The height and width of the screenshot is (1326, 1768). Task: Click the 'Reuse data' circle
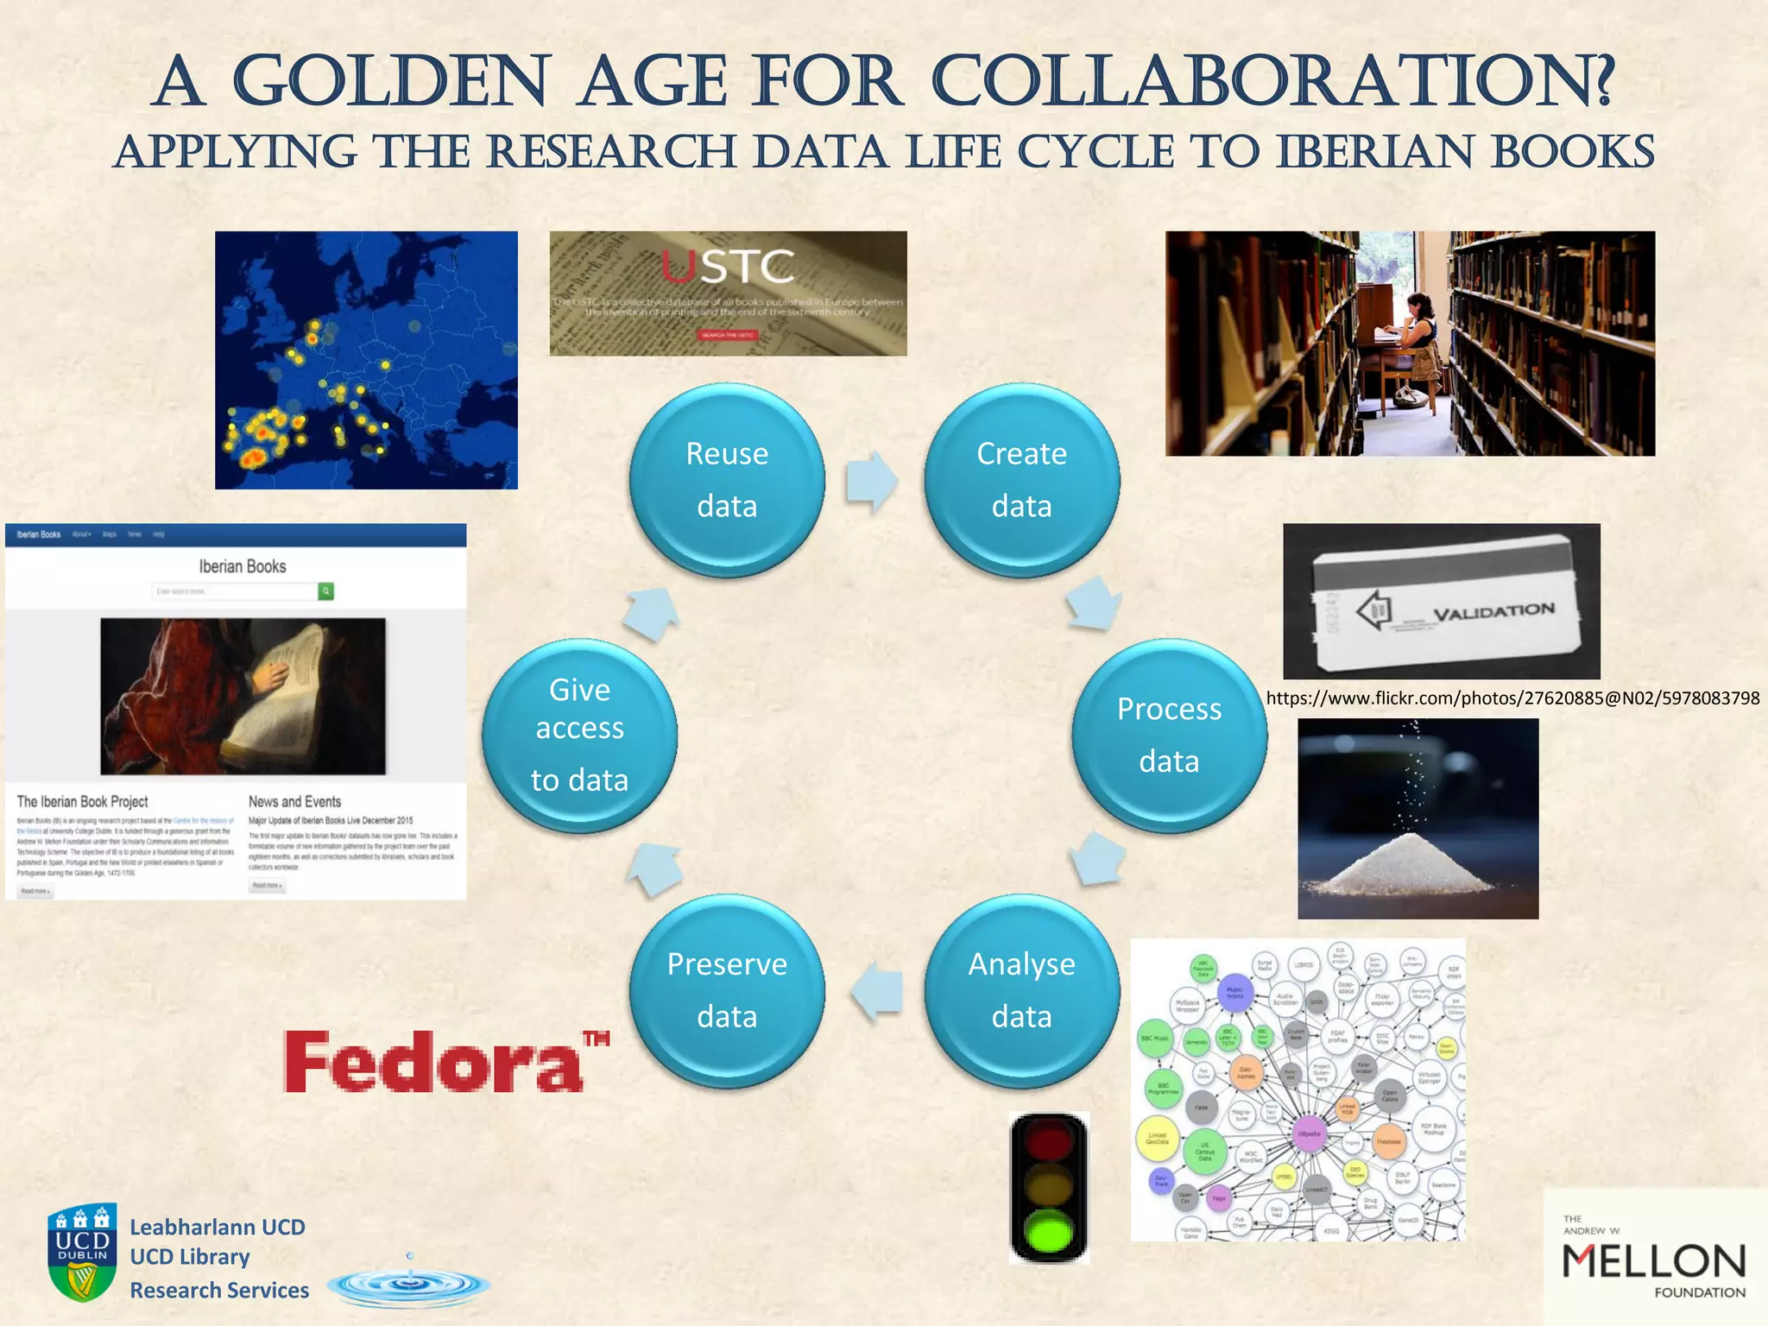pyautogui.click(x=727, y=480)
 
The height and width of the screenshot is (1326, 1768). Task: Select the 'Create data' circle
pyautogui.click(x=1021, y=480)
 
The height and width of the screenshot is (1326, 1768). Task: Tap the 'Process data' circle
pyautogui.click(x=1169, y=736)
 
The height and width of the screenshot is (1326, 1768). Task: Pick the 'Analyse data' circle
pyautogui.click(x=1021, y=990)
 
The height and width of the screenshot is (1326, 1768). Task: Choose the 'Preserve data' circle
pyautogui.click(x=727, y=990)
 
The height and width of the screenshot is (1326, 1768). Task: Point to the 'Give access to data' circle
pyautogui.click(x=579, y=736)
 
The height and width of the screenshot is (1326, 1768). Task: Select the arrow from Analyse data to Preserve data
pyautogui.click(x=877, y=992)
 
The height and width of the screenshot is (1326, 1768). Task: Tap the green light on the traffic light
pyautogui.click(x=1048, y=1230)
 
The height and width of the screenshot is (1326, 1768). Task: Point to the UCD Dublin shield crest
pyautogui.click(x=82, y=1251)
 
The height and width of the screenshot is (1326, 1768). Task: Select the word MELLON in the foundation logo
pyautogui.click(x=1653, y=1262)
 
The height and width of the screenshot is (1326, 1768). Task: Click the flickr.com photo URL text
pyautogui.click(x=1512, y=698)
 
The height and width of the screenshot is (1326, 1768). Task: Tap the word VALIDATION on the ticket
pyautogui.click(x=1493, y=612)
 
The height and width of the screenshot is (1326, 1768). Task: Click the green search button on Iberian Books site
pyautogui.click(x=326, y=591)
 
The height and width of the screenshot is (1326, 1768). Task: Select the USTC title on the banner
pyautogui.click(x=728, y=267)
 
